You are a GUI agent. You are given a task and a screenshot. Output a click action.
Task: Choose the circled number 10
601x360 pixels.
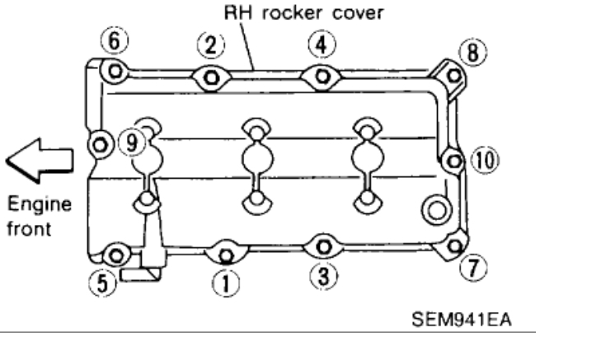[481, 158]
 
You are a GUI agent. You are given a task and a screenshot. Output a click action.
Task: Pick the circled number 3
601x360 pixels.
[326, 275]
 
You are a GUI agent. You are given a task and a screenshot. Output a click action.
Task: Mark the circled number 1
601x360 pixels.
[223, 280]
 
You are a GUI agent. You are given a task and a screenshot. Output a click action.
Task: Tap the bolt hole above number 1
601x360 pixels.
[223, 250]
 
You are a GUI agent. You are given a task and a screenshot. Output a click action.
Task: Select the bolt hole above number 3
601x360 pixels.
[323, 245]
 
